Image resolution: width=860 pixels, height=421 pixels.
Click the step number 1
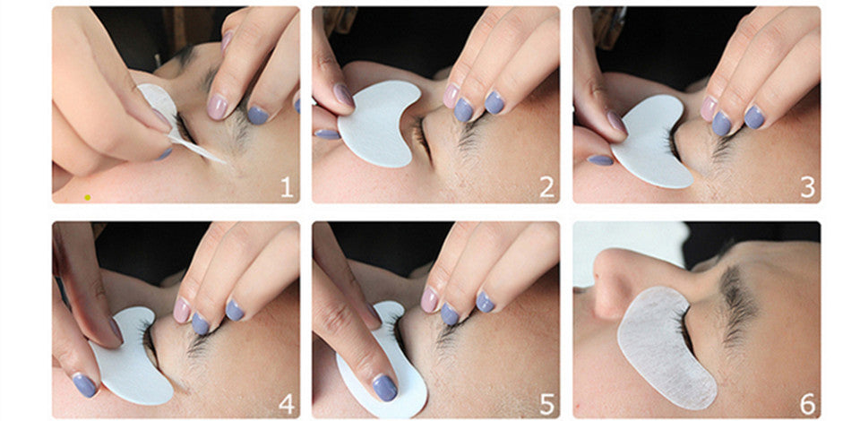pos(287,187)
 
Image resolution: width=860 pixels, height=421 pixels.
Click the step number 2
pos(546,187)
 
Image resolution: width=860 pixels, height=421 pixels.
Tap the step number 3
pos(807,187)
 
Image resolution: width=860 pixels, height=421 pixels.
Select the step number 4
pos(287,404)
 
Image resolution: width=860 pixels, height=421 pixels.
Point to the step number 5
pos(546,404)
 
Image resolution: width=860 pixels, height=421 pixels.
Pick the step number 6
pos(807,404)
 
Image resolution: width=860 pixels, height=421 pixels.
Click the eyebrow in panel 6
pos(737,305)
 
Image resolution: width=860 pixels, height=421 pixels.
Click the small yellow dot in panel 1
pos(87,197)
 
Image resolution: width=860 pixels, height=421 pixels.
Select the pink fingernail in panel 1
pos(217,107)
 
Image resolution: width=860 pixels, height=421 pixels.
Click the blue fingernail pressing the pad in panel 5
pos(384,388)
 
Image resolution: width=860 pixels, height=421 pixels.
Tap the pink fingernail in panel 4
pos(182,310)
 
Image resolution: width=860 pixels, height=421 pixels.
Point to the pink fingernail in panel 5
pos(429,299)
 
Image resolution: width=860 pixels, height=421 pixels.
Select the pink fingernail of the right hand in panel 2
pos(451,96)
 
